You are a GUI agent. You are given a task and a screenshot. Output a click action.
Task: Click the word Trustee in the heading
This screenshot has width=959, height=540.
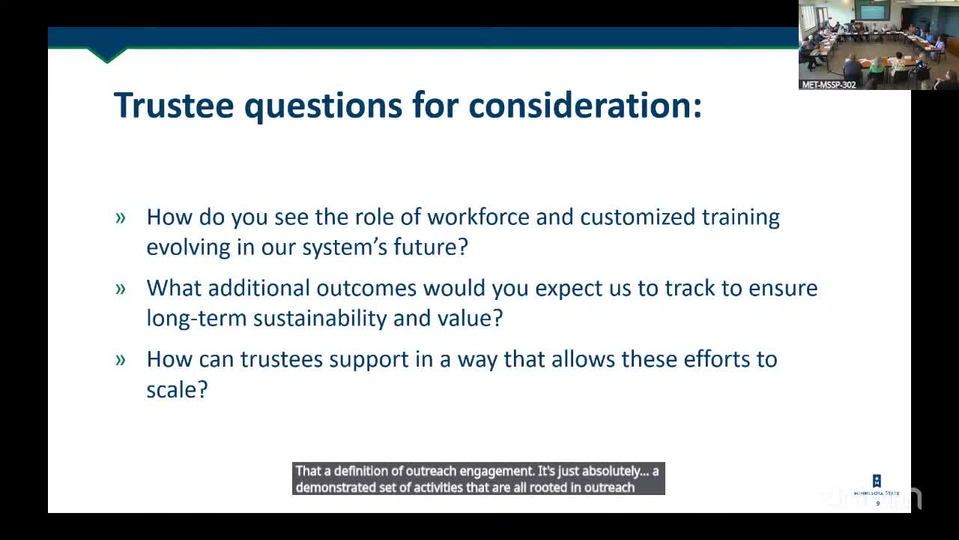174,105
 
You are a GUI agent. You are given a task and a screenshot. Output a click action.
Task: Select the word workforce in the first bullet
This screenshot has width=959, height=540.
479,217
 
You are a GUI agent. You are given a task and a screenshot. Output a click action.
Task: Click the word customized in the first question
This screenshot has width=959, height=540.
638,217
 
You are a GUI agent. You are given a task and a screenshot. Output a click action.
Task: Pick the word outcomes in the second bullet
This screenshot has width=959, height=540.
366,288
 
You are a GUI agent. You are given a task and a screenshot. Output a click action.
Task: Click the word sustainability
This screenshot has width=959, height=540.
320,319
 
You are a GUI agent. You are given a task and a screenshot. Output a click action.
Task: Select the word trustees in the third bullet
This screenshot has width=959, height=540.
281,359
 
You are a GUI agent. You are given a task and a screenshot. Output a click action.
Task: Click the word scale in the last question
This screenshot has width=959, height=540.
177,390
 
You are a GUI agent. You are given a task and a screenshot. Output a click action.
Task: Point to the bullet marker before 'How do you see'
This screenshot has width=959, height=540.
121,218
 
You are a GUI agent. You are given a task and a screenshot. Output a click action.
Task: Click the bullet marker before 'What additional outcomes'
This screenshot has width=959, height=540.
121,289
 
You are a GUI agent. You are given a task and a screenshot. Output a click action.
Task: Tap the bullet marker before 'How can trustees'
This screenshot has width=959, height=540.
121,361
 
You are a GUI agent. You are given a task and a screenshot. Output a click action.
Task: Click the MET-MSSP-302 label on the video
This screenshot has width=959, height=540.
829,85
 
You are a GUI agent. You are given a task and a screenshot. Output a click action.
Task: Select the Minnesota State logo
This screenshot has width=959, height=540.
877,485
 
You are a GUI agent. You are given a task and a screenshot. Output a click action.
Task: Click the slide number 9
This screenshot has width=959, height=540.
878,503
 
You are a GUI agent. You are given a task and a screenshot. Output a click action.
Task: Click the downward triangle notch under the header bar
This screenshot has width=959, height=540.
107,55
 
